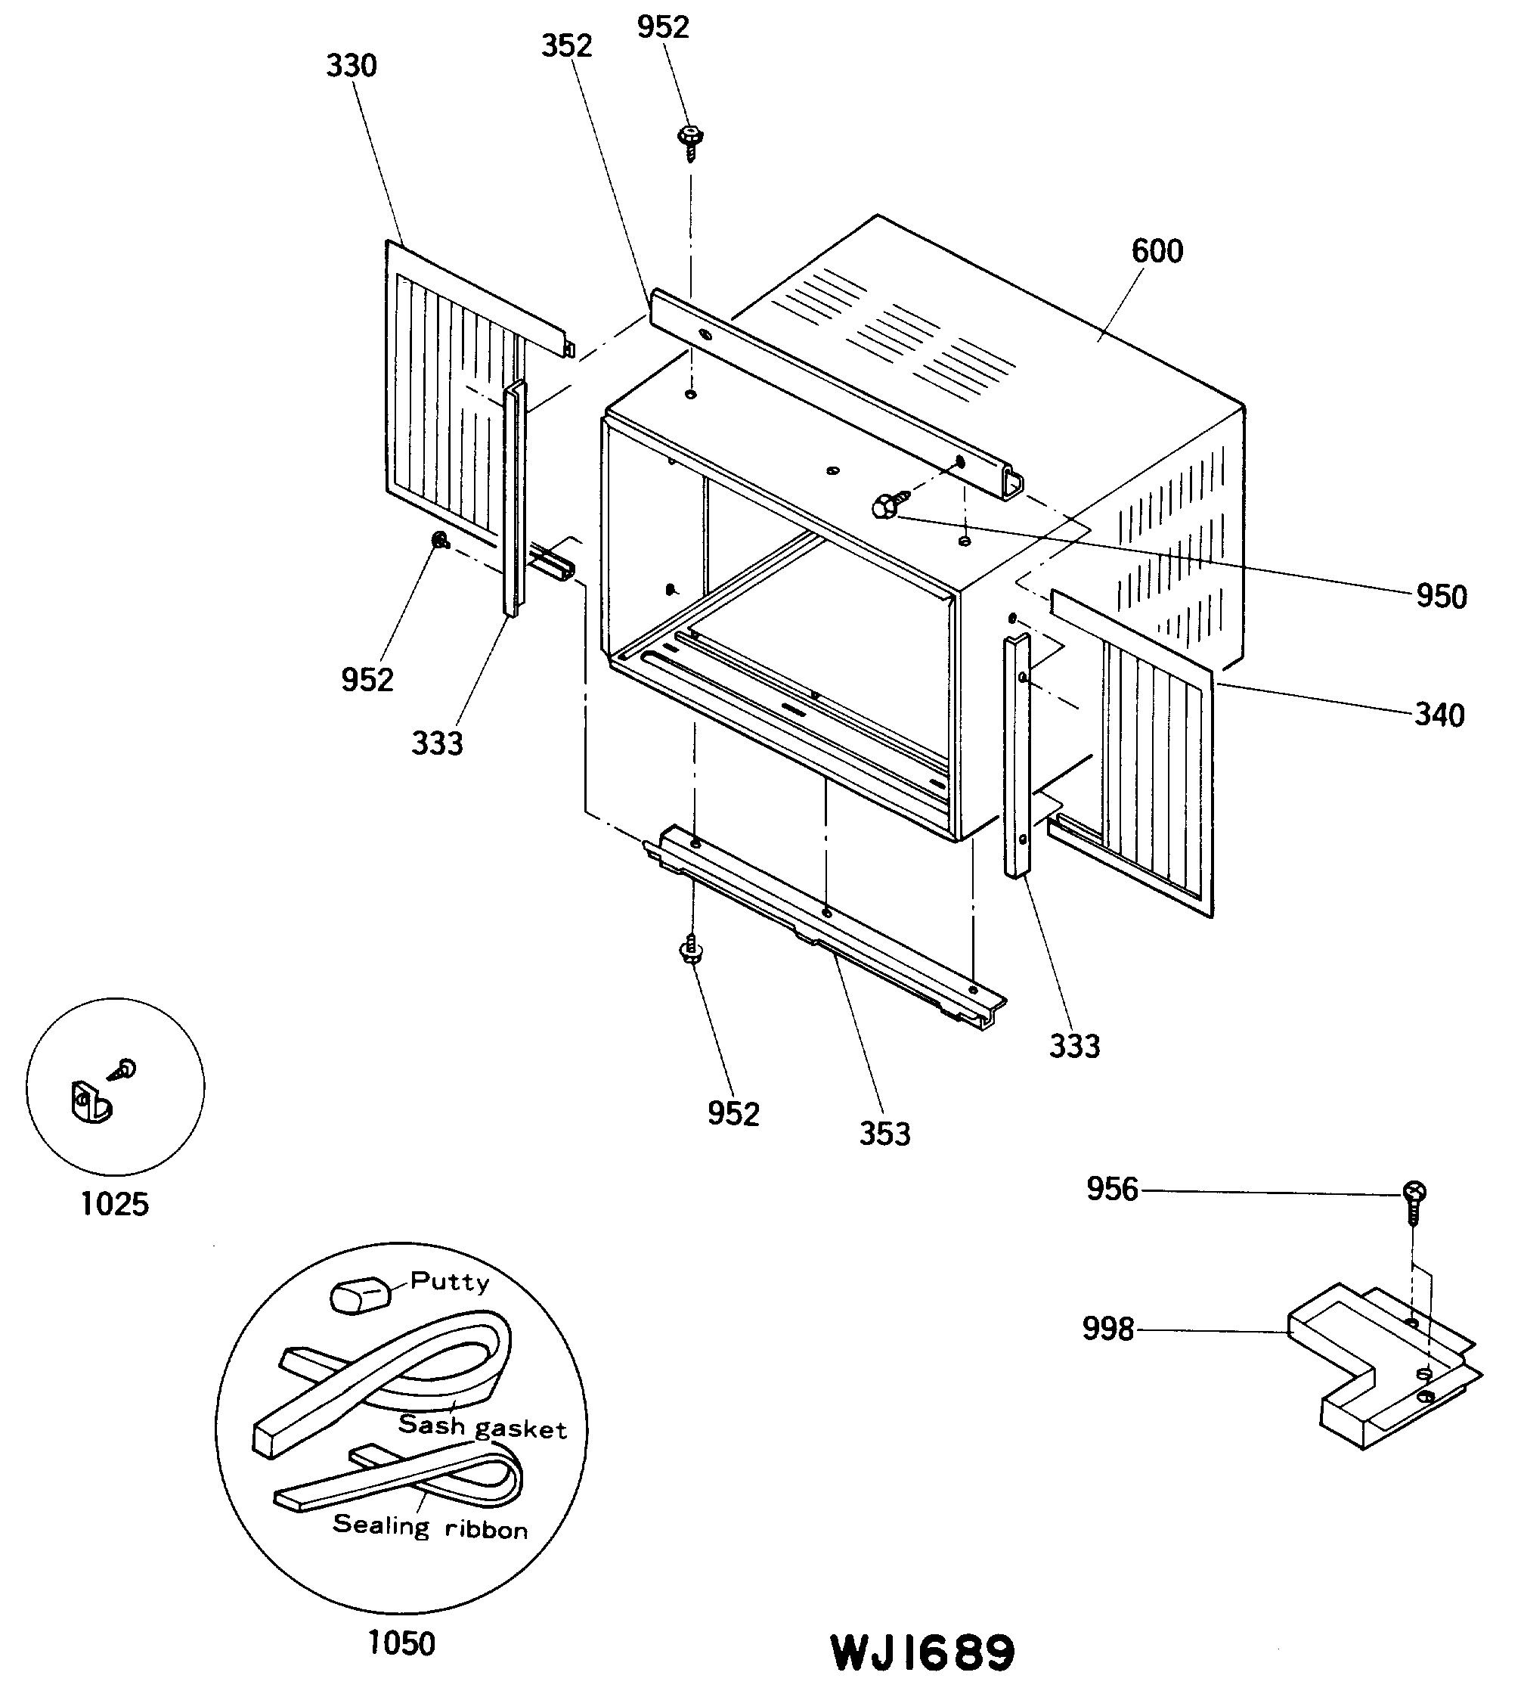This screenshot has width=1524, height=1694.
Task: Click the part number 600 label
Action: pyautogui.click(x=1157, y=250)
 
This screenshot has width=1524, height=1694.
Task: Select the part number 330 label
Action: pyautogui.click(x=351, y=65)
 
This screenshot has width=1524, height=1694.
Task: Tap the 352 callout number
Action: pyautogui.click(x=566, y=45)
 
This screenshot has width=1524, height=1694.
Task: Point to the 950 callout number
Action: pyautogui.click(x=1441, y=597)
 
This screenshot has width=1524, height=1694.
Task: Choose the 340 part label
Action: pyautogui.click(x=1439, y=715)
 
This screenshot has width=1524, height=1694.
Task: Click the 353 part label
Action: pyautogui.click(x=884, y=1134)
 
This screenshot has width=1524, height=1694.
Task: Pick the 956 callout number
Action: pyautogui.click(x=1112, y=1189)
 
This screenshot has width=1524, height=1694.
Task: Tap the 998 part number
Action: pyautogui.click(x=1107, y=1329)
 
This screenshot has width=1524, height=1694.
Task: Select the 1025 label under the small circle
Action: pyautogui.click(x=114, y=1204)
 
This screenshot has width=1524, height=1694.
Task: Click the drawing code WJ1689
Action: pyautogui.click(x=923, y=1653)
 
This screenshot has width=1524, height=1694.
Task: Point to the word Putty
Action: pyautogui.click(x=450, y=1281)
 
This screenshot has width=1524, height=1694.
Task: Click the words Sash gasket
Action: pyautogui.click(x=482, y=1425)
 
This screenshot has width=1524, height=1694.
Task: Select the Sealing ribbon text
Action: pyautogui.click(x=430, y=1525)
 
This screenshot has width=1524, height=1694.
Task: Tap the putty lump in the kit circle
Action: pyautogui.click(x=360, y=1295)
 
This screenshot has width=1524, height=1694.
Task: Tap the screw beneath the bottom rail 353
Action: pyautogui.click(x=691, y=950)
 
